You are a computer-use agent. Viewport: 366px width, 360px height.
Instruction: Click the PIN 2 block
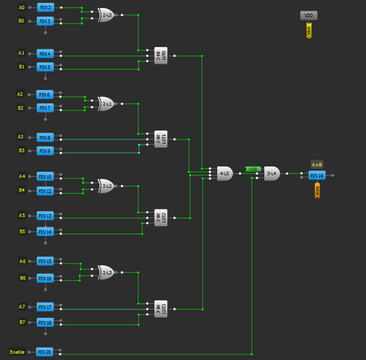(x=44, y=8)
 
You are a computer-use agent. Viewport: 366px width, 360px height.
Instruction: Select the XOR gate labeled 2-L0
(x=107, y=16)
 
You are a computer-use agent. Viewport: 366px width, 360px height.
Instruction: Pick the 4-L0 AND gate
(x=224, y=173)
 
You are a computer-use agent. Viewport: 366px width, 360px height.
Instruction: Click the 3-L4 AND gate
(x=272, y=173)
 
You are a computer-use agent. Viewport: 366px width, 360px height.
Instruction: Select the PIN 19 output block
(x=316, y=175)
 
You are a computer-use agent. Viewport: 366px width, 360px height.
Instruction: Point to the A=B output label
(x=317, y=164)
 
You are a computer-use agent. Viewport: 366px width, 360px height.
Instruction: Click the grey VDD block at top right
(x=308, y=16)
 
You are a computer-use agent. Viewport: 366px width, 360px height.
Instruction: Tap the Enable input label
(x=17, y=352)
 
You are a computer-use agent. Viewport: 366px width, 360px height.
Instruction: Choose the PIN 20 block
(x=44, y=352)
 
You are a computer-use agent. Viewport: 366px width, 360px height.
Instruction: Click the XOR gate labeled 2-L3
(x=107, y=272)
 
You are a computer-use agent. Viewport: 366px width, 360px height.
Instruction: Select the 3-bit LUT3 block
(x=161, y=309)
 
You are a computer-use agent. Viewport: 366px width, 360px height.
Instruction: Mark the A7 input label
(x=21, y=307)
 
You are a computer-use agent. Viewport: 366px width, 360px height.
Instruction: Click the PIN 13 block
(x=44, y=216)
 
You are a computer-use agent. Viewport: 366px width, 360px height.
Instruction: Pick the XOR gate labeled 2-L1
(x=107, y=103)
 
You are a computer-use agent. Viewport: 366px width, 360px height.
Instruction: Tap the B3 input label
(x=21, y=150)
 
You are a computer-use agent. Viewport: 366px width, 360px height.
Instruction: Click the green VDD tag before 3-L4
(x=253, y=169)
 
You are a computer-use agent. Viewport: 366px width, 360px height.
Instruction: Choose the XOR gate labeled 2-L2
(x=107, y=185)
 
